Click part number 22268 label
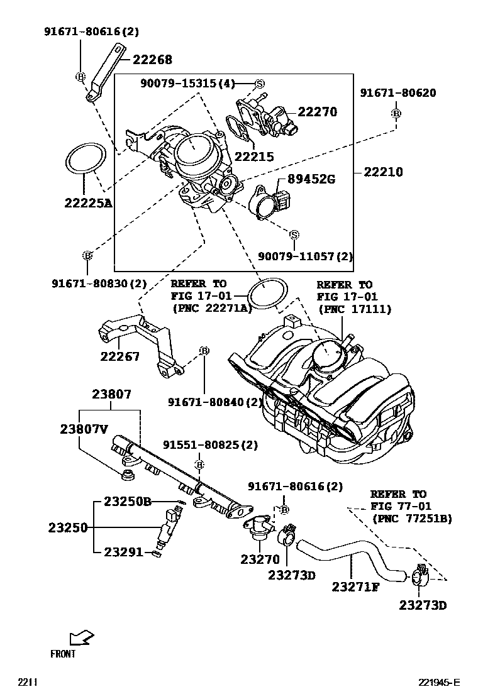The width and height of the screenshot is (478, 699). pyautogui.click(x=152, y=60)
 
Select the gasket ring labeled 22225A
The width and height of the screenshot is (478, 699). pyautogui.click(x=84, y=159)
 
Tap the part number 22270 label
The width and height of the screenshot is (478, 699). pyautogui.click(x=317, y=112)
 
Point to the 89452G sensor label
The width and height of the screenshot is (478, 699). pyautogui.click(x=311, y=179)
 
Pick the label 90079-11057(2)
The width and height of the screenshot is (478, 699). pyautogui.click(x=306, y=256)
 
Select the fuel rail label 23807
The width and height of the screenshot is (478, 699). pyautogui.click(x=111, y=395)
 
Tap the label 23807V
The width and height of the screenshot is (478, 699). pyautogui.click(x=84, y=429)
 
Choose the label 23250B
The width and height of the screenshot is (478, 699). pyautogui.click(x=128, y=502)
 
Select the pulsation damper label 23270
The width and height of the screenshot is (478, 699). pyautogui.click(x=260, y=559)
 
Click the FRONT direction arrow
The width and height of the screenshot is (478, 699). pyautogui.click(x=82, y=639)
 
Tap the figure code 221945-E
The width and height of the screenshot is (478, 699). pyautogui.click(x=440, y=683)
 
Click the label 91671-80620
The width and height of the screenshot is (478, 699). pyautogui.click(x=397, y=93)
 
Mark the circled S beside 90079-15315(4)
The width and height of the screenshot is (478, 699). pyautogui.click(x=260, y=84)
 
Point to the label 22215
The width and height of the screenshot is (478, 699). pyautogui.click(x=254, y=157)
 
